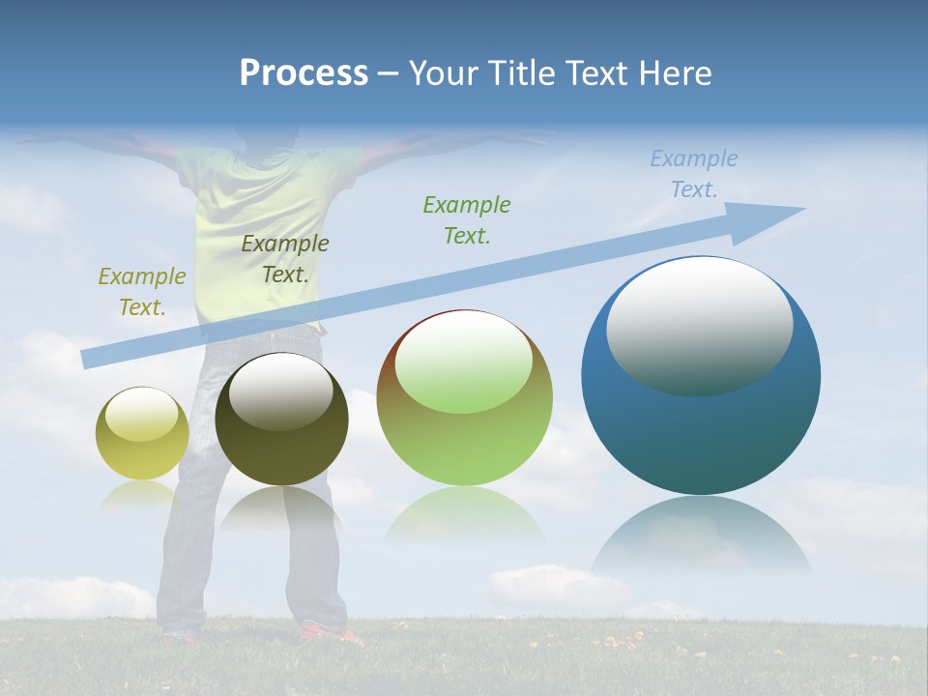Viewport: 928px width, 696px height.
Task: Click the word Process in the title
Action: tap(304, 73)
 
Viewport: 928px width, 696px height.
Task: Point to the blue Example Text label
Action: tap(693, 174)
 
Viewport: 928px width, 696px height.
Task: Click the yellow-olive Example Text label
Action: tap(142, 292)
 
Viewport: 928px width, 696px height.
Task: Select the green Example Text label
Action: tap(467, 220)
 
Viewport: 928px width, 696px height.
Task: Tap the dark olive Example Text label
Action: tap(285, 259)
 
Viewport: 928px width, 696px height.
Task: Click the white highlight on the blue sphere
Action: tap(699, 326)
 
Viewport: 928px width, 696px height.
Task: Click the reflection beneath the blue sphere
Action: tap(701, 536)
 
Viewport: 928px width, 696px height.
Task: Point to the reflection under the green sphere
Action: tap(464, 517)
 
